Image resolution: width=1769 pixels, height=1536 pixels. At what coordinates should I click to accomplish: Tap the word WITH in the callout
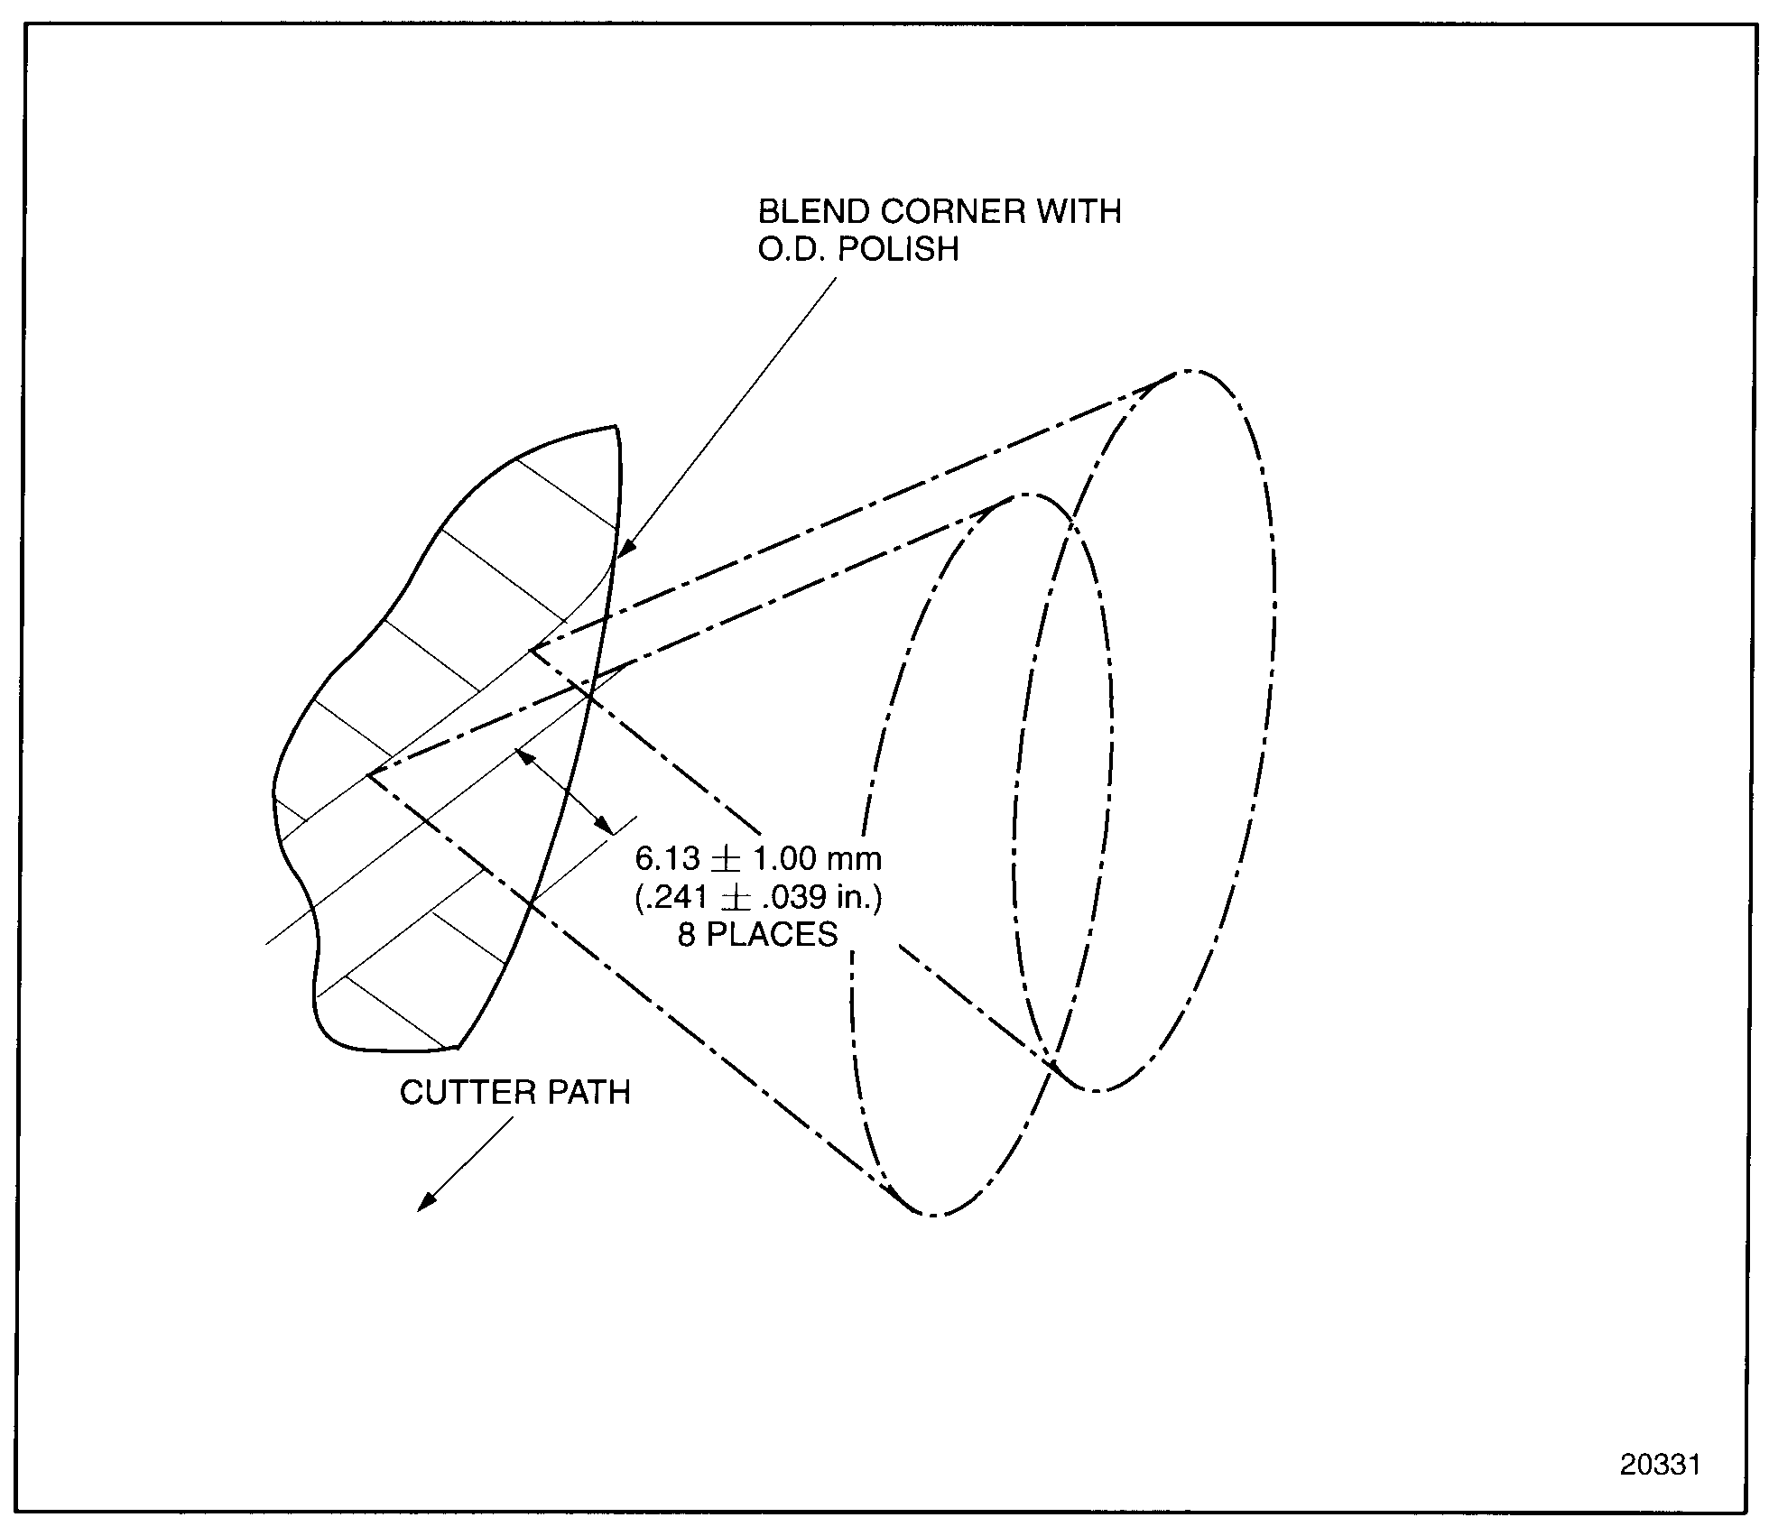[1079, 212]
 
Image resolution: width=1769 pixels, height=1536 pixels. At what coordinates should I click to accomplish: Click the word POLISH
[898, 250]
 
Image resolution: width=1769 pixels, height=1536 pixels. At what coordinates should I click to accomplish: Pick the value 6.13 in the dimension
[666, 857]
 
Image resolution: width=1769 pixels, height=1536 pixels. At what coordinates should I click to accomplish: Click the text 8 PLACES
[758, 935]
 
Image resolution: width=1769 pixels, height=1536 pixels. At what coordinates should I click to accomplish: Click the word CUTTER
[457, 1093]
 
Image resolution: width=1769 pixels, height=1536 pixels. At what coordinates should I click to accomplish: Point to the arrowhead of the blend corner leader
[625, 550]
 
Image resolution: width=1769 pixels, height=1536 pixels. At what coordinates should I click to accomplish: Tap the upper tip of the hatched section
[616, 426]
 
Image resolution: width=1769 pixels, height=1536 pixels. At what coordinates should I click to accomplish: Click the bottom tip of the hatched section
[458, 1048]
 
